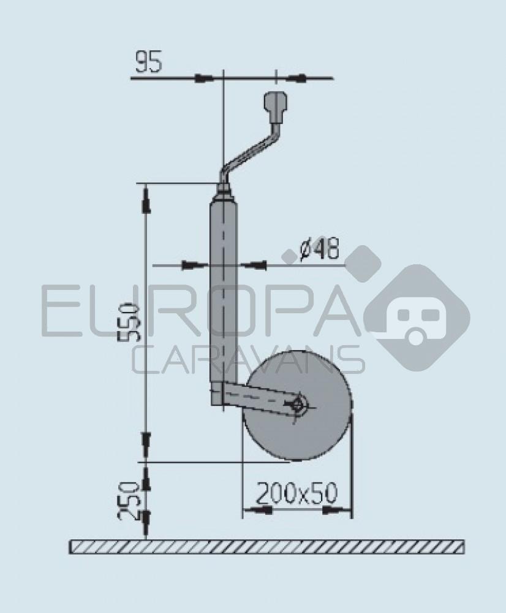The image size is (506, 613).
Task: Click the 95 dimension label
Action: coord(149,63)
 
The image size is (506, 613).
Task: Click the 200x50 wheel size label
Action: coord(296,492)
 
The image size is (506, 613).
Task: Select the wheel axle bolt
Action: coord(299,405)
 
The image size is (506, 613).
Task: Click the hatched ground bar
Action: coord(266,547)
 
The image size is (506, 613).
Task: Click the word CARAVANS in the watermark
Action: coord(248,360)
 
